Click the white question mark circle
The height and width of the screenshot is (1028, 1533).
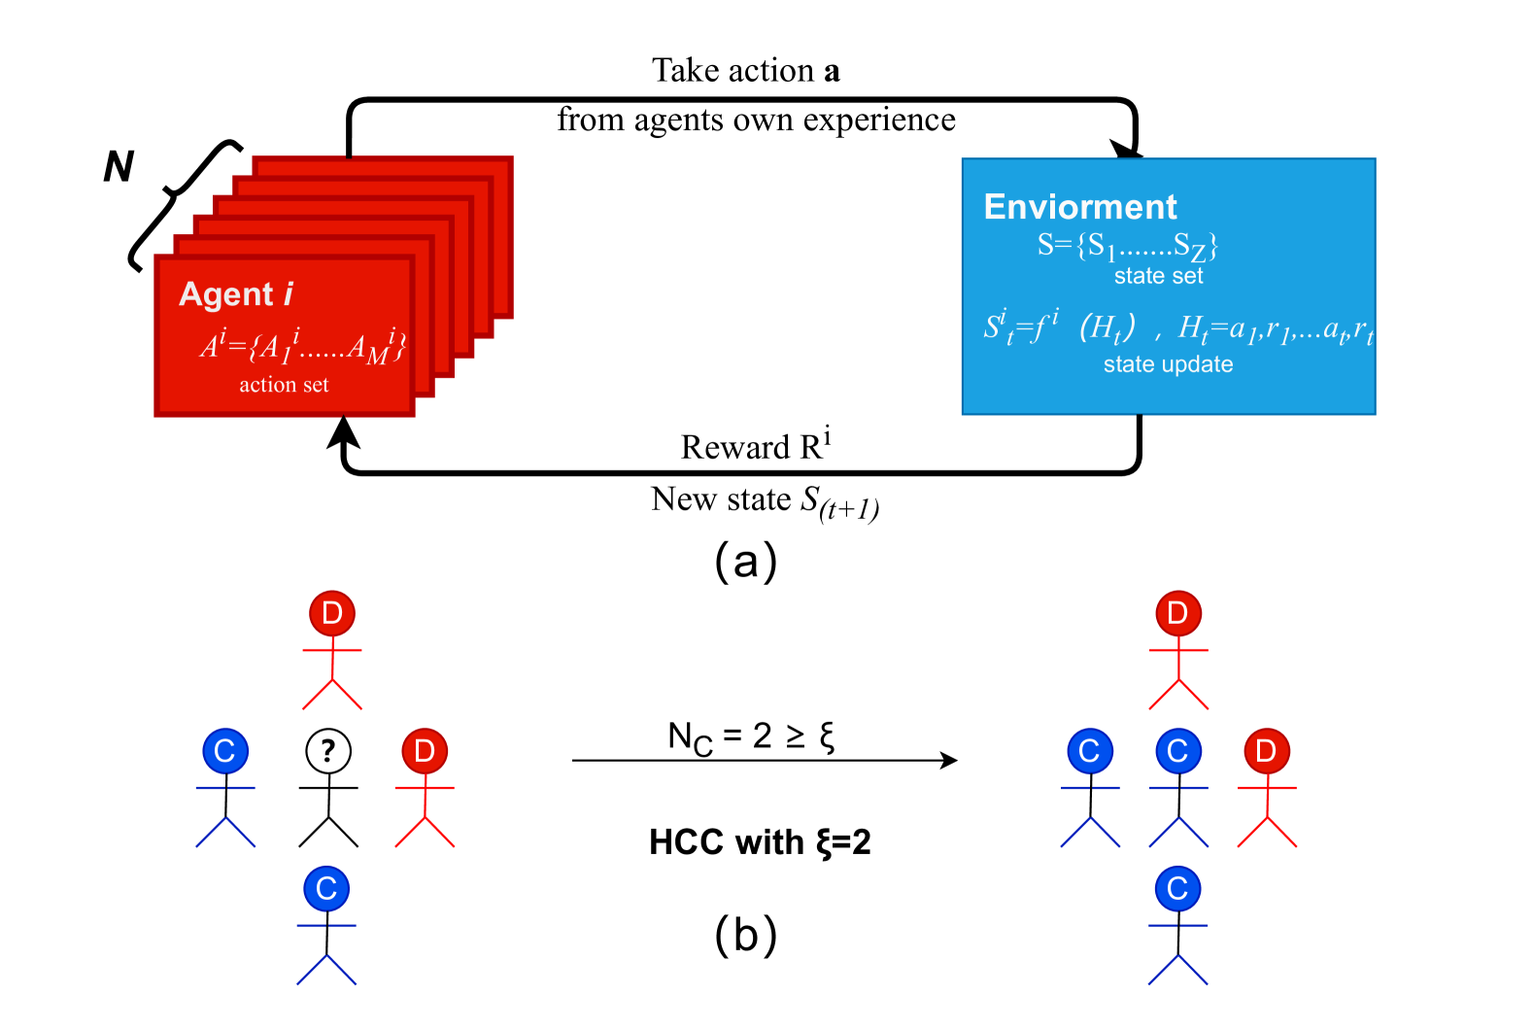[328, 751]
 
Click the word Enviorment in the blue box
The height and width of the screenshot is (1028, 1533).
[1080, 207]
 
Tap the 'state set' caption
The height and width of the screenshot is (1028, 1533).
[1158, 277]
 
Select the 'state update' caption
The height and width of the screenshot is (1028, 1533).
[1168, 364]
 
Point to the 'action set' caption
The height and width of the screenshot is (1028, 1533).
[284, 385]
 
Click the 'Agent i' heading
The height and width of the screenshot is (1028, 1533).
[236, 294]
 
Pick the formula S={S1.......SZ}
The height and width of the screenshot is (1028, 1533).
[1127, 245]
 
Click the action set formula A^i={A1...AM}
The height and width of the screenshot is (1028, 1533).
[302, 345]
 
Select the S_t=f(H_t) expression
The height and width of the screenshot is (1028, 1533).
[1059, 327]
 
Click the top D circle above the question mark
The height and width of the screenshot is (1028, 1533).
[332, 613]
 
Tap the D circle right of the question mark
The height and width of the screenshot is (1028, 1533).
[425, 751]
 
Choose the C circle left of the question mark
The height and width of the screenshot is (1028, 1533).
[225, 751]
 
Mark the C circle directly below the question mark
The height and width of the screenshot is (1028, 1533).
[326, 889]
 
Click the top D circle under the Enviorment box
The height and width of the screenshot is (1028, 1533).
[1178, 613]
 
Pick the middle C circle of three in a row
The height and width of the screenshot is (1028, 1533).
[1178, 751]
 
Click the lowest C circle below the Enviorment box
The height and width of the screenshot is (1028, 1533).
[1178, 889]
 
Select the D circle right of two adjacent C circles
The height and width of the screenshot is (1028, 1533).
[1267, 751]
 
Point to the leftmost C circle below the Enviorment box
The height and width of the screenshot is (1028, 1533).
[1090, 751]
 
